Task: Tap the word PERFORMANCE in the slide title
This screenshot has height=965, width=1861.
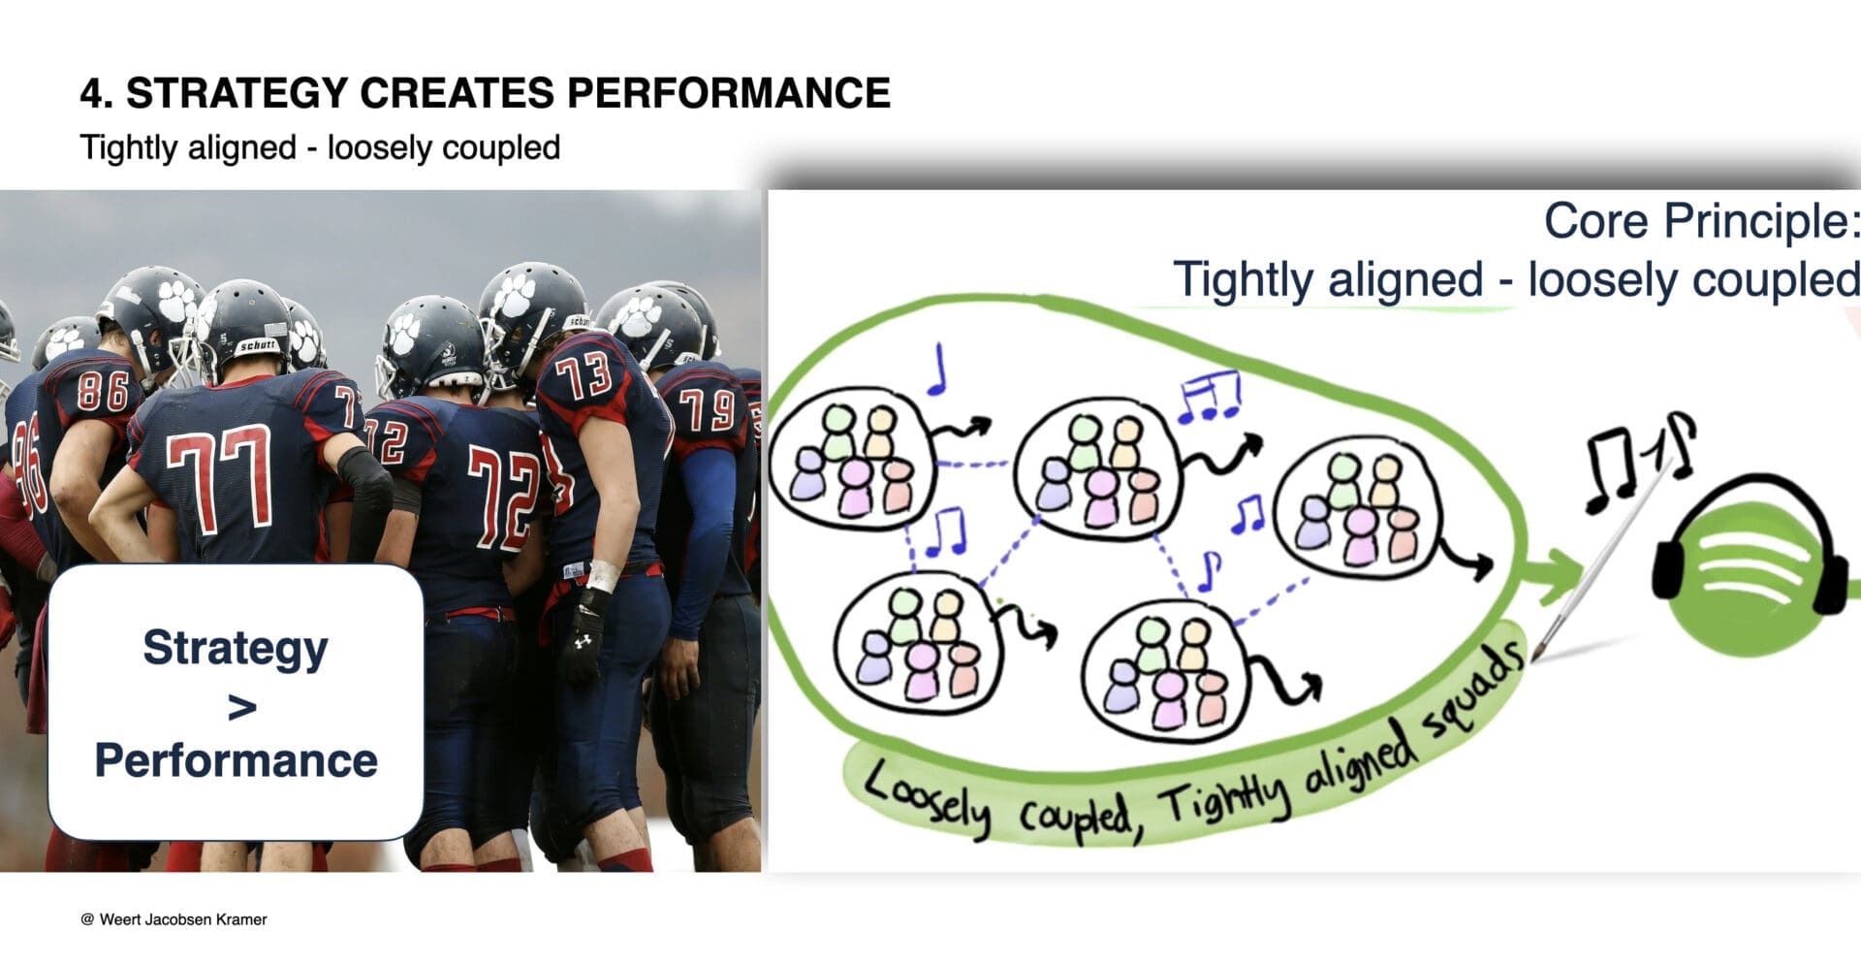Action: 728,93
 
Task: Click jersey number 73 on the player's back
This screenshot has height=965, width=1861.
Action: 584,375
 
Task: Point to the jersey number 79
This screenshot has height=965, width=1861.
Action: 707,408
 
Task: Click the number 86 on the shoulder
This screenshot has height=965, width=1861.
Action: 103,391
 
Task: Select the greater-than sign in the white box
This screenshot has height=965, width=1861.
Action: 241,707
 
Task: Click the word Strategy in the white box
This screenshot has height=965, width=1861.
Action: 236,648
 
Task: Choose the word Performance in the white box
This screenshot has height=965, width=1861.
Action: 236,760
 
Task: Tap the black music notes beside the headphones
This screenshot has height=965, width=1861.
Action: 1638,461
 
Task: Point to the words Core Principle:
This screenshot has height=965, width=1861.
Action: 1701,221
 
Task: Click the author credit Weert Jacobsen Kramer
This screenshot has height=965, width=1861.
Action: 182,919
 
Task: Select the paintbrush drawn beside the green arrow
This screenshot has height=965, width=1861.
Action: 1599,563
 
